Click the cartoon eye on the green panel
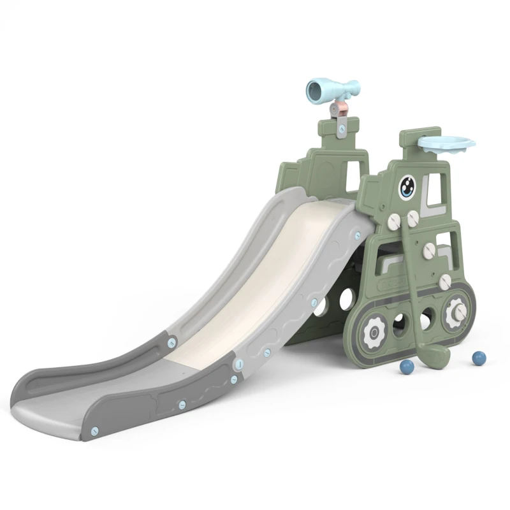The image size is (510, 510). [x=408, y=187]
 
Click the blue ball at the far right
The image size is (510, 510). [x=477, y=358]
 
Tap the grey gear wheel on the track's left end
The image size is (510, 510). [x=371, y=331]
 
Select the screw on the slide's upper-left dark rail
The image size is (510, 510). [x=171, y=342]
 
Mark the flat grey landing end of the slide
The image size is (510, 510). [x=57, y=408]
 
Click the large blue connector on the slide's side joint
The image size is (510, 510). [x=238, y=365]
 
